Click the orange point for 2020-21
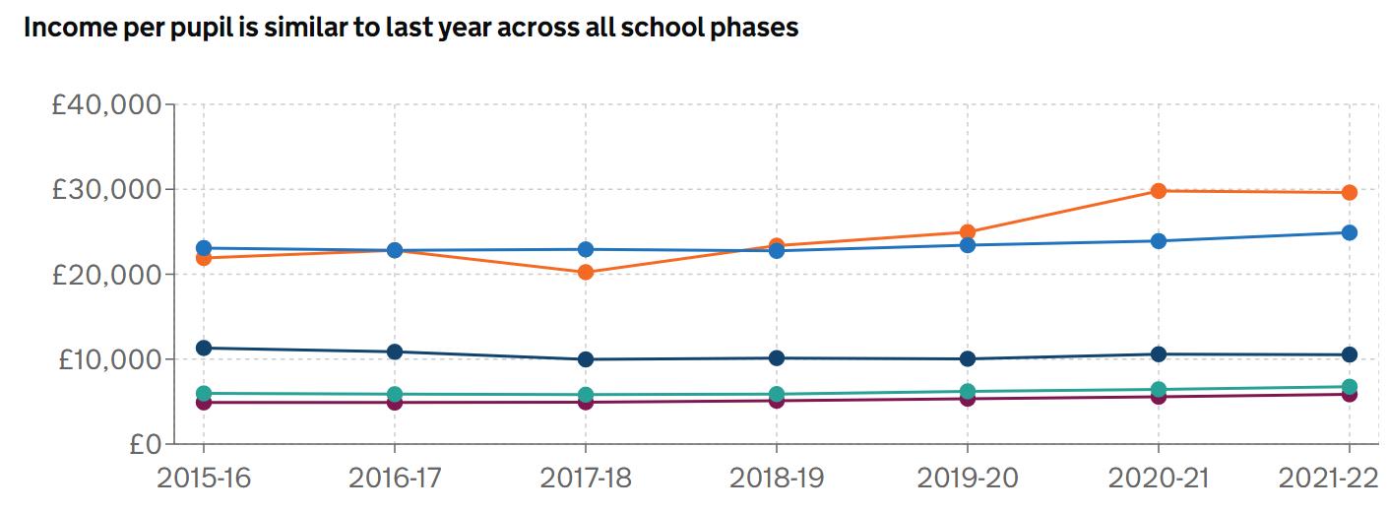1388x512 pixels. [x=1159, y=190]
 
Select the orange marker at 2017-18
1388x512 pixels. [x=586, y=272]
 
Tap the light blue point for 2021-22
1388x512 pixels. [x=1349, y=232]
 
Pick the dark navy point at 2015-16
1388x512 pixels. [x=204, y=348]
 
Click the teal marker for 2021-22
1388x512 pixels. [x=1349, y=387]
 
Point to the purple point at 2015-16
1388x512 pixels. [x=204, y=402]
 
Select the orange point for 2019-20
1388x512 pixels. [x=968, y=232]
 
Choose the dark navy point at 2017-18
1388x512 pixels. [x=586, y=359]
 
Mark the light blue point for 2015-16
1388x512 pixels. [x=204, y=248]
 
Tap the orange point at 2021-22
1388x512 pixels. [x=1349, y=192]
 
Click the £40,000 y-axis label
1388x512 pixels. [x=106, y=104]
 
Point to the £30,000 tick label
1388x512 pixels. [x=106, y=189]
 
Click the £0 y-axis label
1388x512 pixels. [x=142, y=444]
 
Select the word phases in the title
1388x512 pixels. [x=759, y=28]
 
